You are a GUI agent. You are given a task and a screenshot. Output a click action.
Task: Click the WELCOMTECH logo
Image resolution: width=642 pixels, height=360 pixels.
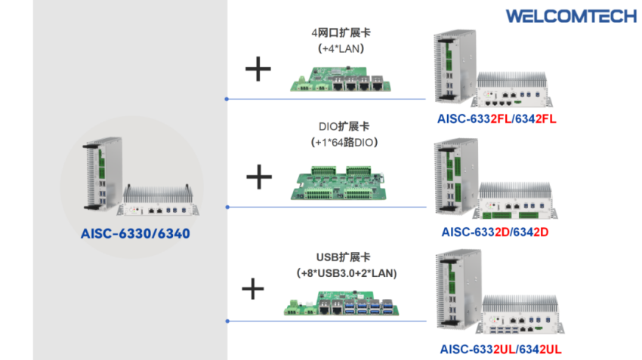coord(560,16)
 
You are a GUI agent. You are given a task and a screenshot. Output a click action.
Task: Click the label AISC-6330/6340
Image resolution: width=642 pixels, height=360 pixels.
coord(134,234)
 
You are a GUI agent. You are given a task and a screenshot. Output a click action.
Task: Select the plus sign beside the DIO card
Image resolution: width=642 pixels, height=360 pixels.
coord(259,177)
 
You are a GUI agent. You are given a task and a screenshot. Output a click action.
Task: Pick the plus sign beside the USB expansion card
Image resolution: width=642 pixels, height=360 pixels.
coord(253,288)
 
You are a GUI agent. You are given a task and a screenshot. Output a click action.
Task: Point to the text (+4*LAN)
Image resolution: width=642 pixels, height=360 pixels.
coord(341,48)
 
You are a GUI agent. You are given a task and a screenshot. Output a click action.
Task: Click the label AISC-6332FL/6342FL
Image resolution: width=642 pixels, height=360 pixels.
coord(496,119)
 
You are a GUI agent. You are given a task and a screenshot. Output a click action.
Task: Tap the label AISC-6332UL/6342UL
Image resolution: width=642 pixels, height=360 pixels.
coord(499,349)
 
